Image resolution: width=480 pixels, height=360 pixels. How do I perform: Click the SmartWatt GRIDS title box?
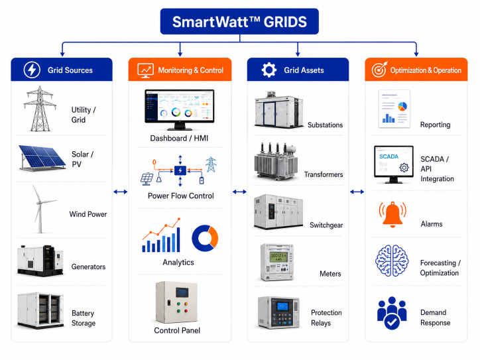(239, 21)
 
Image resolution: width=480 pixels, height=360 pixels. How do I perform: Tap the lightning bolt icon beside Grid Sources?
(32, 70)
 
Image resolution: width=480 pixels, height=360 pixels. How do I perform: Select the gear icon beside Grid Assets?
(269, 70)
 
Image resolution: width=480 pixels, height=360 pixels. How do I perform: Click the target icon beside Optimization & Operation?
(380, 69)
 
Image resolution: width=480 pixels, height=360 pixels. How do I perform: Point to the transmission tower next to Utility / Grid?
(40, 109)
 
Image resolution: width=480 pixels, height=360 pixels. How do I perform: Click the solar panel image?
(42, 157)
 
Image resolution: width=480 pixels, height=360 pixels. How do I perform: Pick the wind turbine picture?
(42, 209)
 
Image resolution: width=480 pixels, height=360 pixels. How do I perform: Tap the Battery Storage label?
(84, 318)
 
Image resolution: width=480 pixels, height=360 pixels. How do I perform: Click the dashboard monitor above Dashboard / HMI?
(180, 109)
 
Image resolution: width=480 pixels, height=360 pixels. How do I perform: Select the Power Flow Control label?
(180, 196)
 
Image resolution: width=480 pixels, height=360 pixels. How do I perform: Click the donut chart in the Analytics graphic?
(205, 238)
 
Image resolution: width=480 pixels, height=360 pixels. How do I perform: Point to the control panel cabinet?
(176, 302)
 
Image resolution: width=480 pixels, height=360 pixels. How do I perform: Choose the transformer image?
(276, 162)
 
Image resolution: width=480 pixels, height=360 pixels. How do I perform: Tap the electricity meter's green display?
(278, 257)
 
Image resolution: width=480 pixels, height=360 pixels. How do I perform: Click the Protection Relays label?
(326, 318)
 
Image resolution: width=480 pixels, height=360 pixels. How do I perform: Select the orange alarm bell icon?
(392, 214)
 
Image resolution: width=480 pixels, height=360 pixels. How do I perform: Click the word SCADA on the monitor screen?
(389, 156)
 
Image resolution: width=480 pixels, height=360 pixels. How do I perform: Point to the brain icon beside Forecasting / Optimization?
(392, 261)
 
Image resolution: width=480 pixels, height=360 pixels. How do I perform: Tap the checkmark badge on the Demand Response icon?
(392, 322)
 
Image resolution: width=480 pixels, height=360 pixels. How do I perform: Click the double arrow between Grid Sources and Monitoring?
(120, 192)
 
